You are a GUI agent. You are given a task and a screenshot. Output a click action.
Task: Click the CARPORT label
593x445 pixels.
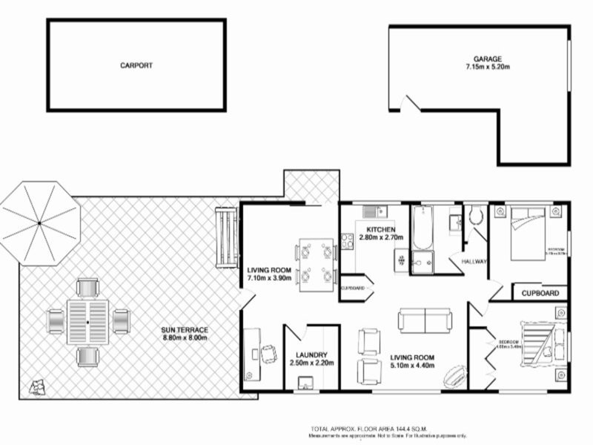[136, 65]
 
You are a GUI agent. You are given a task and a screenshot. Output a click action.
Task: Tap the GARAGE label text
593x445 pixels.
[488, 59]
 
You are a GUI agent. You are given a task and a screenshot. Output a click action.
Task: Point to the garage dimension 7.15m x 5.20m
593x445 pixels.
[488, 67]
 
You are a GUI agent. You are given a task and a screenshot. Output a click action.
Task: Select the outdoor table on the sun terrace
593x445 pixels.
[87, 323]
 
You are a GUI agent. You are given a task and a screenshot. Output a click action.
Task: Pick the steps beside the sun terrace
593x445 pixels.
[225, 237]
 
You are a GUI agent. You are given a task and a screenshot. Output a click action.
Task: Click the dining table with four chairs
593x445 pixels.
[316, 264]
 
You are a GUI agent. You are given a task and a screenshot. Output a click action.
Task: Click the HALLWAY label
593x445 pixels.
[474, 262]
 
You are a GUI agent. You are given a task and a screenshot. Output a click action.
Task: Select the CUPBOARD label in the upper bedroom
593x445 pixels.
[540, 293]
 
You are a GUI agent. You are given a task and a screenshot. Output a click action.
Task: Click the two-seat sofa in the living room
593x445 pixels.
[425, 320]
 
